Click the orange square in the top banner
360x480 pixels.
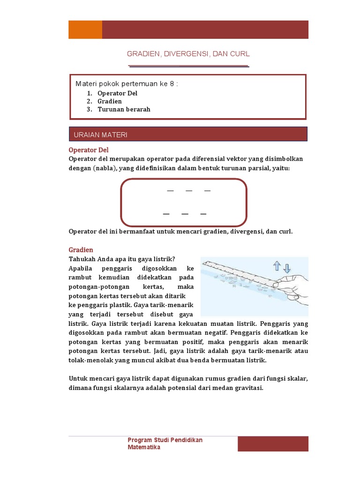pos(85,30)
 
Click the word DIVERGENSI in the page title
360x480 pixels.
pos(186,54)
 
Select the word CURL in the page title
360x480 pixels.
pos(240,54)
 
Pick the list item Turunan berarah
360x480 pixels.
pos(124,109)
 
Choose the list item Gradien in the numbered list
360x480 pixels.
pos(110,101)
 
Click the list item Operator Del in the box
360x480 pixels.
pos(117,93)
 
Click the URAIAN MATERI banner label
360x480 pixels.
pos(101,135)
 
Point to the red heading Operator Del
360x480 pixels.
pos(89,150)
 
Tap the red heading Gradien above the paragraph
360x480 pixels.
pos(81,250)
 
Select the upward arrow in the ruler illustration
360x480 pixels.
pos(277,267)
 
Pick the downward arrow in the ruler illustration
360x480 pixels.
pos(287,268)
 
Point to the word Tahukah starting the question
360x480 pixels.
pos(82,259)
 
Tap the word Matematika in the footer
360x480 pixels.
pos(144,447)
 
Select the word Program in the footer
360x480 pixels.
pos(140,440)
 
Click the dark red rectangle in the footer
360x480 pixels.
pos(273,443)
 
